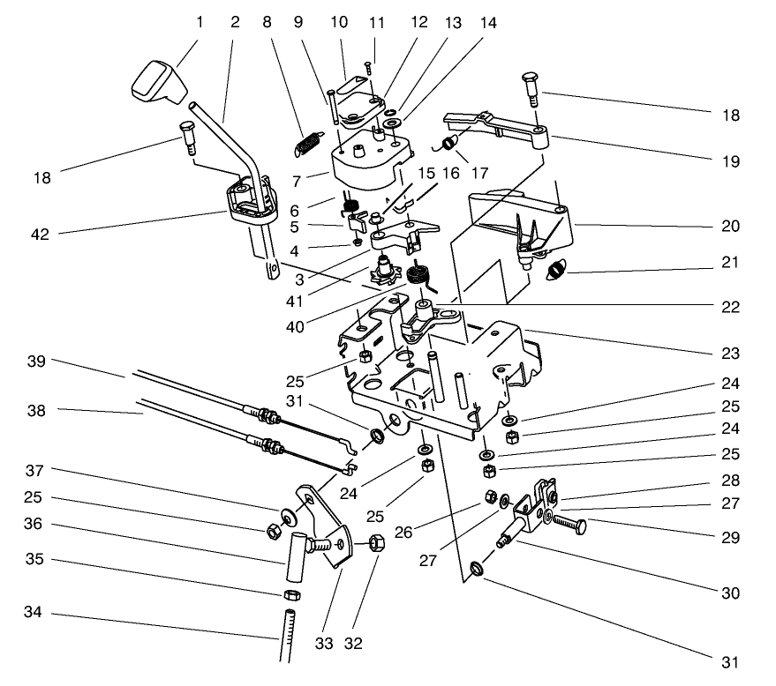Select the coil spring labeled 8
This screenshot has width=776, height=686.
(305, 142)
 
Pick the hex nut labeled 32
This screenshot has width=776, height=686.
(373, 543)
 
